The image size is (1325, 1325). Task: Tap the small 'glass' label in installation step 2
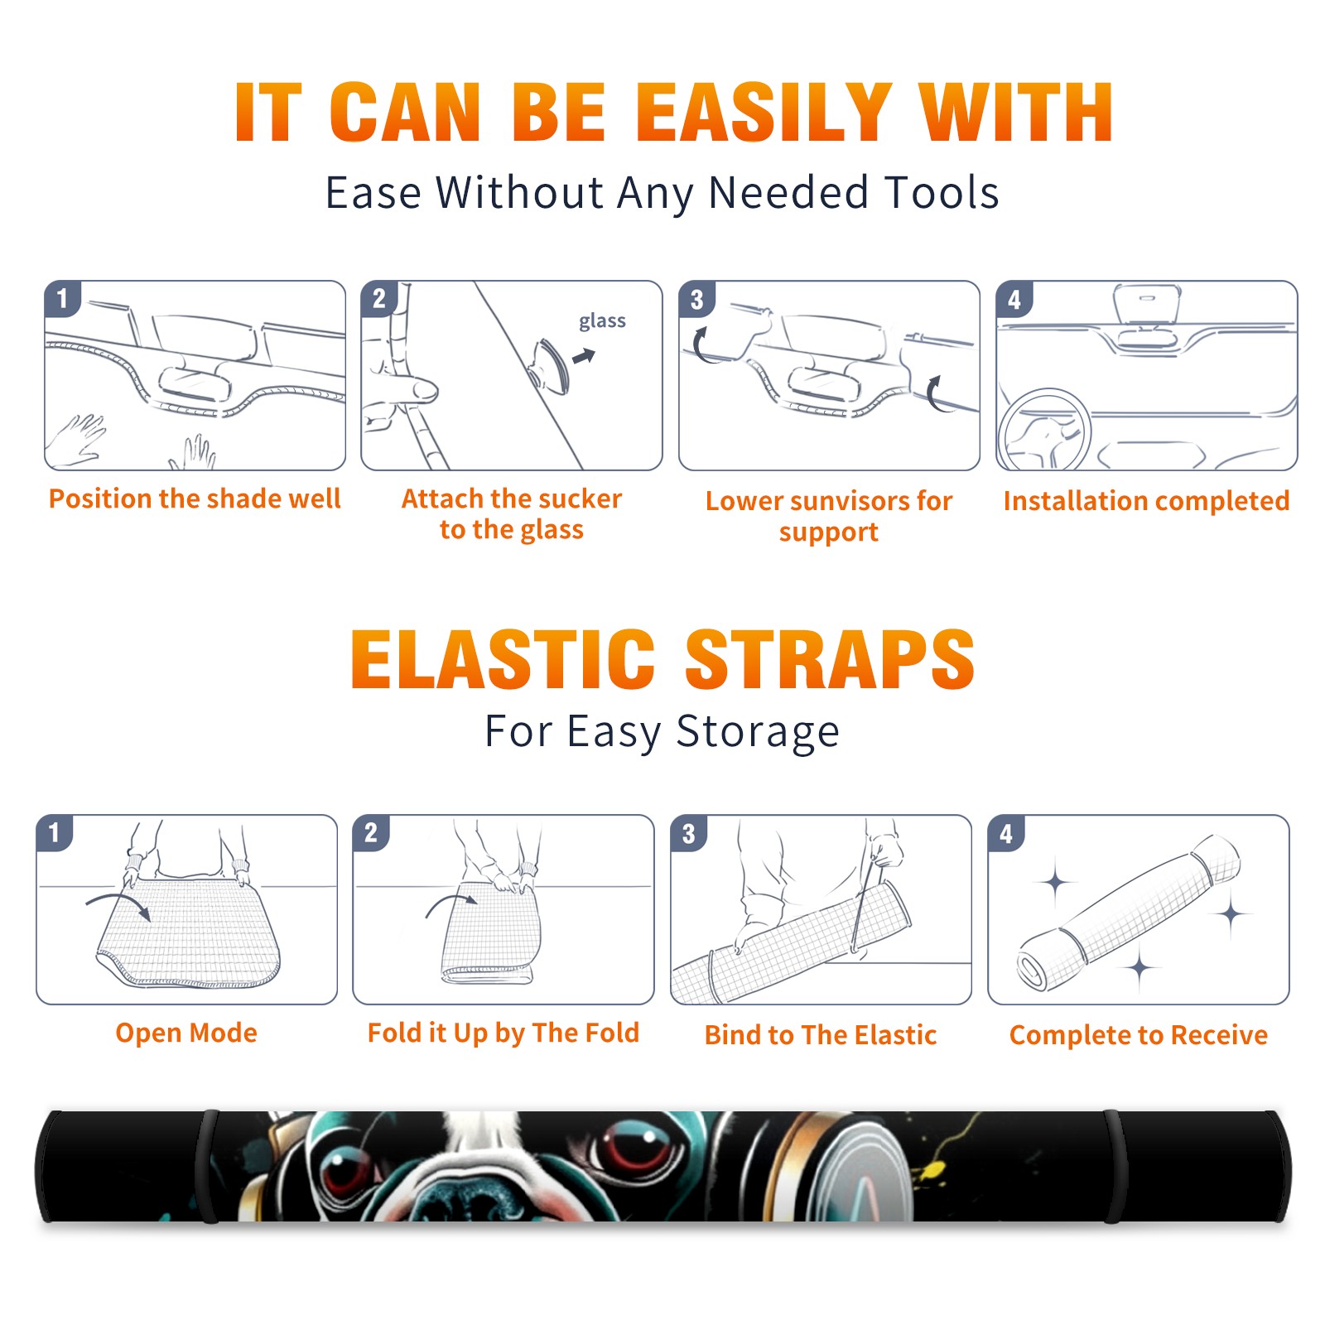coord(602,321)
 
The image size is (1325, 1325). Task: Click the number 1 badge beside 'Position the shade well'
coord(62,298)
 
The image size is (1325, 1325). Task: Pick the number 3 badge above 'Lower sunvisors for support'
coord(696,298)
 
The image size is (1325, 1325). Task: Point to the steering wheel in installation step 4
coord(1044,430)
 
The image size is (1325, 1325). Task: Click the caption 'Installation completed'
coord(1146,500)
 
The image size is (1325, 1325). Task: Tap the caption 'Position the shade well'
coord(195,499)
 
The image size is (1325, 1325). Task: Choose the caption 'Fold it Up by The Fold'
coord(503,1033)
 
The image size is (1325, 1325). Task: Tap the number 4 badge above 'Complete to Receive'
coord(1006,833)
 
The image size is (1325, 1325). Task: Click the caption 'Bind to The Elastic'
coord(821,1034)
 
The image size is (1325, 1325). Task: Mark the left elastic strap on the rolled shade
coord(207,1166)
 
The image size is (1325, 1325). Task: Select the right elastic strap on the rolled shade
coord(1115,1166)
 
